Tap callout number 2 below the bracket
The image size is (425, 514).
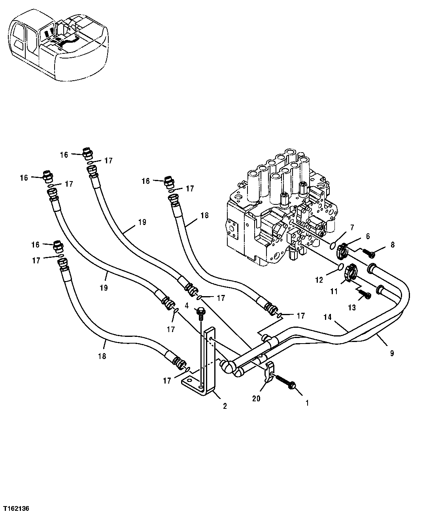[x=225, y=406]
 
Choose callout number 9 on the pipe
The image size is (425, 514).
[x=392, y=353]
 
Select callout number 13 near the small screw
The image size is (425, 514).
[x=352, y=308]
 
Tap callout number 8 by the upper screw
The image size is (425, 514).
[x=392, y=245]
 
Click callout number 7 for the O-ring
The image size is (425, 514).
[x=351, y=227]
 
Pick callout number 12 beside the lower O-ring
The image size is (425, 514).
[x=319, y=280]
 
